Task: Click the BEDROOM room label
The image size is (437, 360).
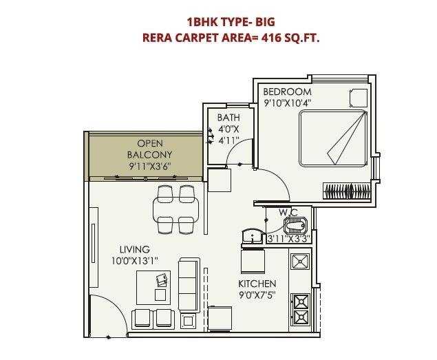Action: click(287, 92)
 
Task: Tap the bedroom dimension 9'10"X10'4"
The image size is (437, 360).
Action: click(288, 103)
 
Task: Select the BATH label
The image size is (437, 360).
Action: click(228, 118)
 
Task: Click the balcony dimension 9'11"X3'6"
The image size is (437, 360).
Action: click(150, 166)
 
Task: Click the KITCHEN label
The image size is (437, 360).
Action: click(257, 284)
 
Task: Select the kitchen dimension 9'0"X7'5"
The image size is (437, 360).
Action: click(257, 295)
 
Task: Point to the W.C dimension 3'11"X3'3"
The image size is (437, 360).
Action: click(288, 239)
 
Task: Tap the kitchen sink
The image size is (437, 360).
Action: click(300, 261)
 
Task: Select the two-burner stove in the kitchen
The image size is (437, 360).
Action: click(301, 308)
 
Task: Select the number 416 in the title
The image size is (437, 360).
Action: click(270, 39)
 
